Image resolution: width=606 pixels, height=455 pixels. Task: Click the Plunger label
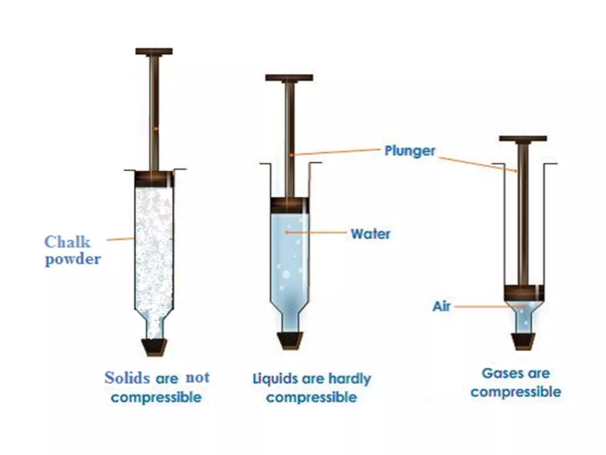pyautogui.click(x=410, y=151)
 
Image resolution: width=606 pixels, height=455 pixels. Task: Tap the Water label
pyautogui.click(x=370, y=234)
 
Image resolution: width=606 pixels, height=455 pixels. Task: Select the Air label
pyautogui.click(x=441, y=307)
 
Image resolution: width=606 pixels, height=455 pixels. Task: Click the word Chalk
pyautogui.click(x=67, y=242)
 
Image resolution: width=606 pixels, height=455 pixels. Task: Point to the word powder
pyautogui.click(x=73, y=259)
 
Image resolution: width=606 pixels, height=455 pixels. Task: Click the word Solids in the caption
pyautogui.click(x=127, y=378)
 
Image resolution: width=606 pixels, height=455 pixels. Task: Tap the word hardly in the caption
pyautogui.click(x=350, y=379)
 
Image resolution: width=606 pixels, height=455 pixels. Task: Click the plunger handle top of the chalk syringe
pyautogui.click(x=154, y=52)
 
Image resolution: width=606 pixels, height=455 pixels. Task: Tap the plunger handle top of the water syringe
pyautogui.click(x=289, y=78)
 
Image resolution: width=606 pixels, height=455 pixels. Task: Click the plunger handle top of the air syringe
pyautogui.click(x=523, y=139)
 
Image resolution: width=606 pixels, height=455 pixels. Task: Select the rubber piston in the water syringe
pyautogui.click(x=290, y=205)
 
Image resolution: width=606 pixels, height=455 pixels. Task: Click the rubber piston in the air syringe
pyautogui.click(x=523, y=292)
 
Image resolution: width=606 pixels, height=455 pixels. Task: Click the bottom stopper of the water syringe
pyautogui.click(x=290, y=341)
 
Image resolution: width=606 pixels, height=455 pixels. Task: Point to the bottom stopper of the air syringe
pyautogui.click(x=523, y=341)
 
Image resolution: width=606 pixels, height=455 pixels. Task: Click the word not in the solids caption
pyautogui.click(x=198, y=377)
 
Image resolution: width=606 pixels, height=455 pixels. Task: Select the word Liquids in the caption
pyautogui.click(x=275, y=379)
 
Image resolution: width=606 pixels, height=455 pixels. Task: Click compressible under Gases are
pyautogui.click(x=516, y=392)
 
